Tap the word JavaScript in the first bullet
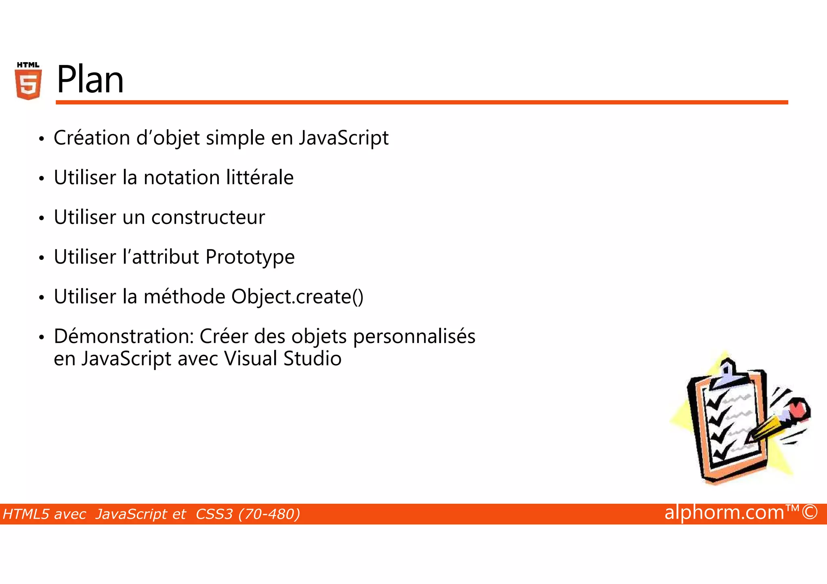[344, 138]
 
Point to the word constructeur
[208, 218]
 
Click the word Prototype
[250, 257]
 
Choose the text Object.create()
[297, 297]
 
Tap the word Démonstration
[124, 336]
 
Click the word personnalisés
[414, 337]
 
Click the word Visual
[250, 359]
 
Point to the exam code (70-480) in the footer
[269, 514]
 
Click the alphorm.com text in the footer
[724, 513]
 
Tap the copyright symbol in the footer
[810, 512]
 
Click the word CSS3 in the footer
[214, 514]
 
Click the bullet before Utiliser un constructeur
[41, 218]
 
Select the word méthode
[185, 297]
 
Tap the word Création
[92, 138]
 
